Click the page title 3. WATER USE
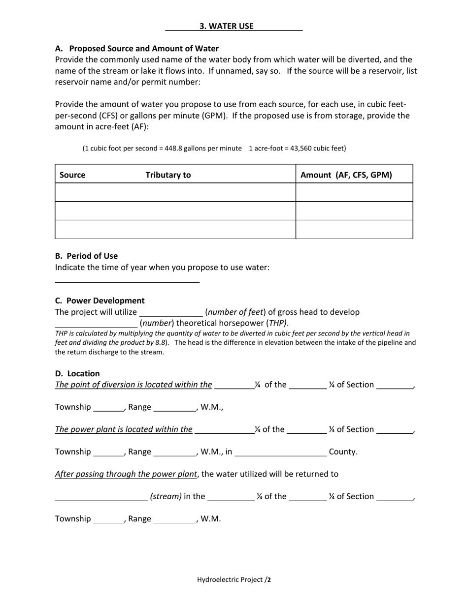(x=227, y=27)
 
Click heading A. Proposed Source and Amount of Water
(x=137, y=48)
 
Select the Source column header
(x=72, y=175)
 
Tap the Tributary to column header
(x=168, y=175)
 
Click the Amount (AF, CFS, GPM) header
(x=346, y=175)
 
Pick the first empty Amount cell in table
(x=354, y=192)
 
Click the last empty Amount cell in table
(x=354, y=229)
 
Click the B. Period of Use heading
(x=86, y=256)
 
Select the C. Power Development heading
(x=100, y=301)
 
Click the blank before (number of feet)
(x=171, y=313)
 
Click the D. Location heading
(x=77, y=373)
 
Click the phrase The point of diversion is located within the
(x=134, y=385)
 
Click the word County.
(x=343, y=452)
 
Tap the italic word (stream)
(x=166, y=496)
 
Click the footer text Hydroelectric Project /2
(x=234, y=579)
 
